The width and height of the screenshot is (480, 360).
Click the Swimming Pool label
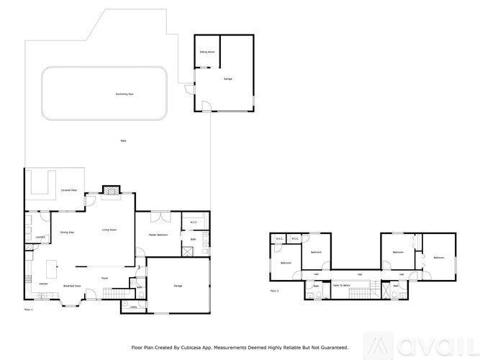[104, 94]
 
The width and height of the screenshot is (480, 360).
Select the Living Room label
[109, 230]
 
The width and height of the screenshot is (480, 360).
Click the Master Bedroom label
[158, 235]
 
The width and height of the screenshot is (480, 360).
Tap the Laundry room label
[40, 237]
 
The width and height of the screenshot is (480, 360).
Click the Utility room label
[134, 306]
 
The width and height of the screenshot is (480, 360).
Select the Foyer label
[104, 278]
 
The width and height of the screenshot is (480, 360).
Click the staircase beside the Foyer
[113, 293]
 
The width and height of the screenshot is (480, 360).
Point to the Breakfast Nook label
[71, 286]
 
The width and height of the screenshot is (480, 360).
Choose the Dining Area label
[68, 233]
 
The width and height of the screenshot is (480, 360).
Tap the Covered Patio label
[70, 190]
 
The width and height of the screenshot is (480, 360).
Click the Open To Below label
[341, 286]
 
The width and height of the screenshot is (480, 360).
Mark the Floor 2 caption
[274, 291]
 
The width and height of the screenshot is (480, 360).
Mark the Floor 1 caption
[28, 309]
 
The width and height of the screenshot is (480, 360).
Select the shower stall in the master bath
[187, 251]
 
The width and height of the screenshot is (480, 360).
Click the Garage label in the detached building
[227, 78]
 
